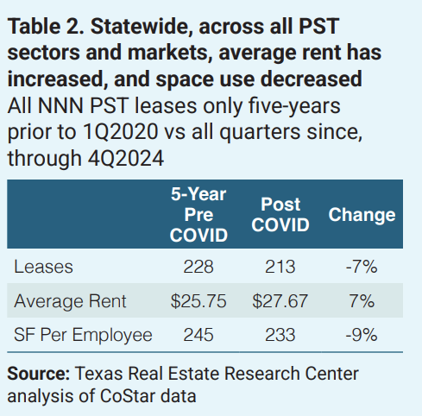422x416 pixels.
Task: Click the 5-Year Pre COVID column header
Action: click(x=200, y=215)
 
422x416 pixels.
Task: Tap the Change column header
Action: click(x=362, y=215)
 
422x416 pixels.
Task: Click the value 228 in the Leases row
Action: click(x=200, y=268)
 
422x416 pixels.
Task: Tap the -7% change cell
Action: click(x=362, y=268)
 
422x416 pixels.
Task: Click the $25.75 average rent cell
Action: click(x=200, y=301)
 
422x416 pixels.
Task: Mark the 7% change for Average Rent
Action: click(x=362, y=301)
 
